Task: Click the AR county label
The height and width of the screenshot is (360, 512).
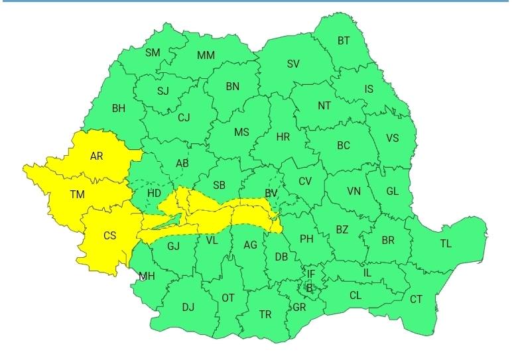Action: pos(97,156)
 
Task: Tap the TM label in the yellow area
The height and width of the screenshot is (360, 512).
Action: pos(78,194)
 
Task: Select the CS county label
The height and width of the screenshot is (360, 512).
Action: pos(110,235)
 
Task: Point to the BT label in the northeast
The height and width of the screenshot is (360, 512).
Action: pos(344,40)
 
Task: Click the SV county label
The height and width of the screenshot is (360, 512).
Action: pos(293,64)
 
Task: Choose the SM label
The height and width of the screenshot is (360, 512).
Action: pos(153,52)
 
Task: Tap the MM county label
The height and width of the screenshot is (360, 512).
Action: pos(206,55)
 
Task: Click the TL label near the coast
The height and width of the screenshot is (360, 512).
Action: pos(446,243)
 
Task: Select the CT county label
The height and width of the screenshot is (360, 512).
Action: pos(416,300)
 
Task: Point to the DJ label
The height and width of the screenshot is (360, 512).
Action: pos(188,307)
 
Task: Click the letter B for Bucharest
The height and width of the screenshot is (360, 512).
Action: pos(309,288)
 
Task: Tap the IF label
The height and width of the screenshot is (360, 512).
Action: pos(311,274)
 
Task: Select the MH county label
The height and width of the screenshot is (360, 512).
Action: pos(147,276)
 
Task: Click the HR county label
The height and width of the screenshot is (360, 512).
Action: pos(283,137)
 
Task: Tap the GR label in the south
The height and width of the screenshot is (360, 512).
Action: pos(298,307)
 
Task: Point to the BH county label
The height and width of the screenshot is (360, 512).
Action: pos(119,108)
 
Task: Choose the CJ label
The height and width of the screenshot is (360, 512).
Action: pos(184,118)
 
